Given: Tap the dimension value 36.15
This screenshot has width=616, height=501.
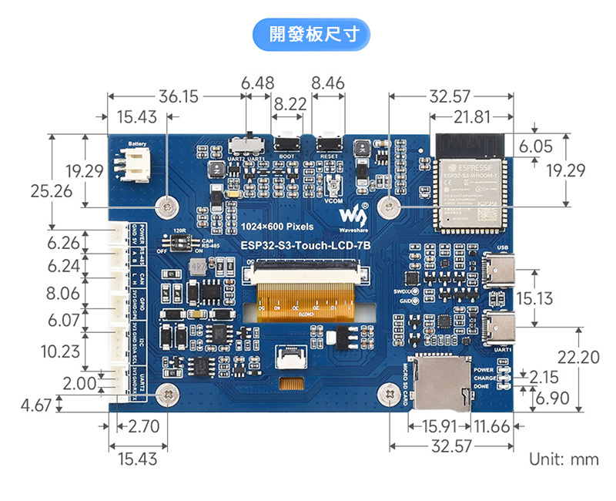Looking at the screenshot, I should [x=179, y=97].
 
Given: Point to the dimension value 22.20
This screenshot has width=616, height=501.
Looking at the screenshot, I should [x=577, y=357].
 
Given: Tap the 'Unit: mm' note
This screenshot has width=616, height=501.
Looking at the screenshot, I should [x=564, y=460].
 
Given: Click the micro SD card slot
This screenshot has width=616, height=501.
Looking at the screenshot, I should [x=444, y=382].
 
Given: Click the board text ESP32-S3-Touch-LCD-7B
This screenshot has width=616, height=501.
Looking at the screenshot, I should [x=305, y=245].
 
